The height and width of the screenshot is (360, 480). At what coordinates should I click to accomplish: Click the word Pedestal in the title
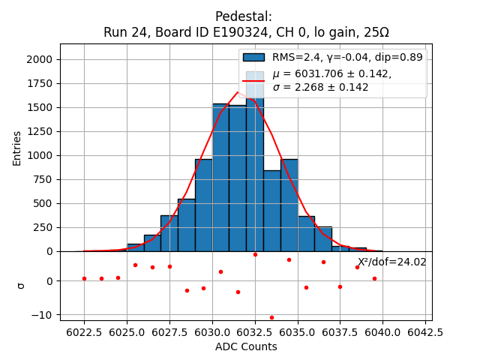[243, 16]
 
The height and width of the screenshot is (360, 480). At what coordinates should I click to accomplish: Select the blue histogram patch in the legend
[255, 57]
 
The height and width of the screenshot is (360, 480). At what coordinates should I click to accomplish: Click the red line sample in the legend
[255, 80]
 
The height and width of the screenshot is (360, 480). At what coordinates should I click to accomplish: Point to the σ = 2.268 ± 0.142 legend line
[321, 88]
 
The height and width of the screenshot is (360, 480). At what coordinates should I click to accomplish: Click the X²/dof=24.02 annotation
[391, 262]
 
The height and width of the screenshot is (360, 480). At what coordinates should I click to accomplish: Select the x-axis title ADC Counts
[246, 346]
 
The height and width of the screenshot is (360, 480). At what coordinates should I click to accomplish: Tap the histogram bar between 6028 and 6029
[186, 225]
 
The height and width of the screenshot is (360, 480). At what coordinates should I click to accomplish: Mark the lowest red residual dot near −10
[271, 317]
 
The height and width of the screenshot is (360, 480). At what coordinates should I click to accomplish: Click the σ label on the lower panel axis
[20, 285]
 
